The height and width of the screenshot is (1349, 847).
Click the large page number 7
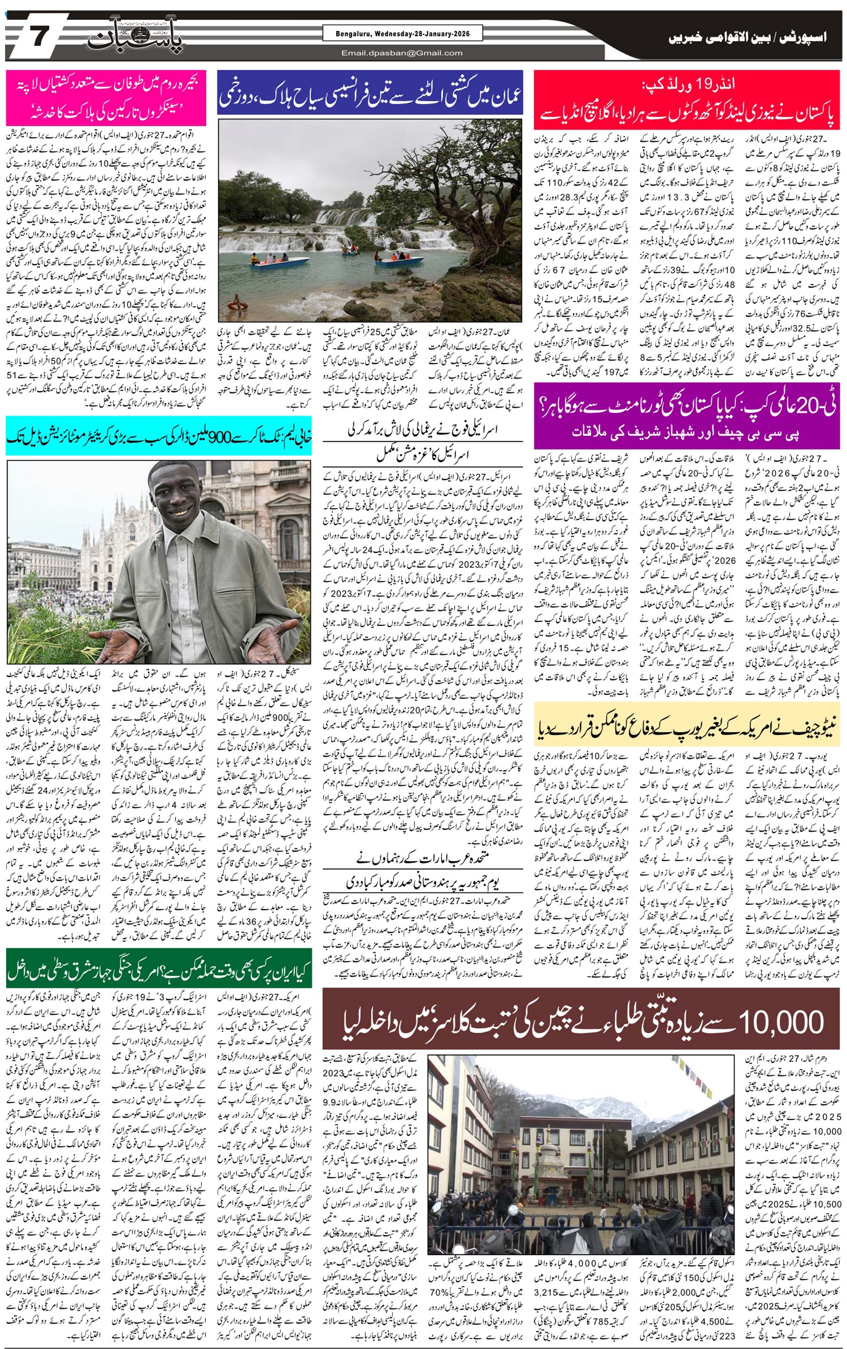pos(39,38)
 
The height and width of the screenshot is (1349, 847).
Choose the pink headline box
pos(106,98)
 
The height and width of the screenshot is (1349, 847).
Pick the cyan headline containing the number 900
pos(159,435)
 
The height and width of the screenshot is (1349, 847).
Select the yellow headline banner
pos(687,726)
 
